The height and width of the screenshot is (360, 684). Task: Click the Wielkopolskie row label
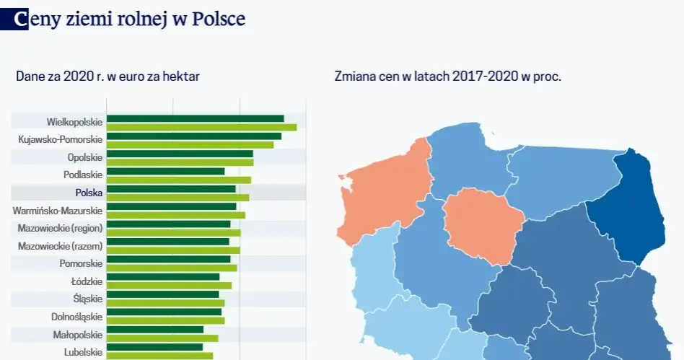(x=74, y=122)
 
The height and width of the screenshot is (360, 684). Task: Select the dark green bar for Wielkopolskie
(x=195, y=118)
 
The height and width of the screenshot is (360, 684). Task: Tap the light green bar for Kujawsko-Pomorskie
(x=190, y=144)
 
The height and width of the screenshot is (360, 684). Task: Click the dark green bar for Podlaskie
(x=165, y=171)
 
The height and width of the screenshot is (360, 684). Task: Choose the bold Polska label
(x=89, y=192)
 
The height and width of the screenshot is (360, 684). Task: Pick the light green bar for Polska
(x=177, y=197)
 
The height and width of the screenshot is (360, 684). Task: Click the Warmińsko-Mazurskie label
(x=58, y=210)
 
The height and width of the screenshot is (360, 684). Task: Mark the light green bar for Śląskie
(x=165, y=303)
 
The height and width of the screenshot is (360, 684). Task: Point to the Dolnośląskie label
(x=76, y=316)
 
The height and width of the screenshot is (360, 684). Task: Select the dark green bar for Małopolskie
(x=154, y=329)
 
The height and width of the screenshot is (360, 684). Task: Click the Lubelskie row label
(x=83, y=351)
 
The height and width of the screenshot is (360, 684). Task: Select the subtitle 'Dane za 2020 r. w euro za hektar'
(x=108, y=76)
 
